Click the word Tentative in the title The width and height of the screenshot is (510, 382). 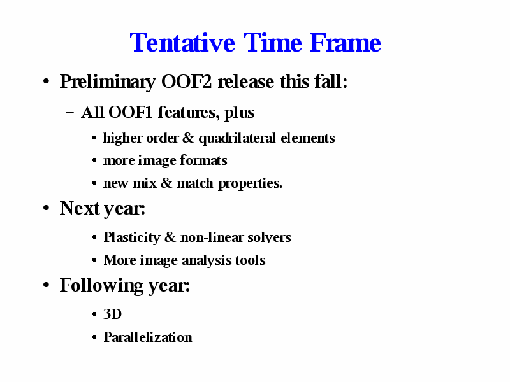[182, 43]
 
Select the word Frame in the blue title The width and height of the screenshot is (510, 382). [345, 43]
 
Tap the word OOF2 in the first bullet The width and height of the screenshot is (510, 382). [186, 81]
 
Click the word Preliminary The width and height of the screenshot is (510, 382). [108, 82]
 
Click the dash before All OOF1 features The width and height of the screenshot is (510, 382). [70, 113]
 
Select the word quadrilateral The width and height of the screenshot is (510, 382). [237, 139]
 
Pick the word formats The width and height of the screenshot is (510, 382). [203, 160]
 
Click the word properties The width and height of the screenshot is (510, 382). [250, 184]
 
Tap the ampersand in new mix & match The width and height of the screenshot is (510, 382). [166, 183]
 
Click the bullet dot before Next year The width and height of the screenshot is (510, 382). [46, 208]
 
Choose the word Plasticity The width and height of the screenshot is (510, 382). [132, 237]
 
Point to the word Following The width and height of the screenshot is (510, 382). [101, 286]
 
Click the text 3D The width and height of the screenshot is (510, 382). [113, 314]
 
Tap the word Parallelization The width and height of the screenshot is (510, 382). [148, 337]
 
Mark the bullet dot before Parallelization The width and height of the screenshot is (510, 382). [94, 337]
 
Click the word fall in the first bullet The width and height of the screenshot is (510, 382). [328, 81]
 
